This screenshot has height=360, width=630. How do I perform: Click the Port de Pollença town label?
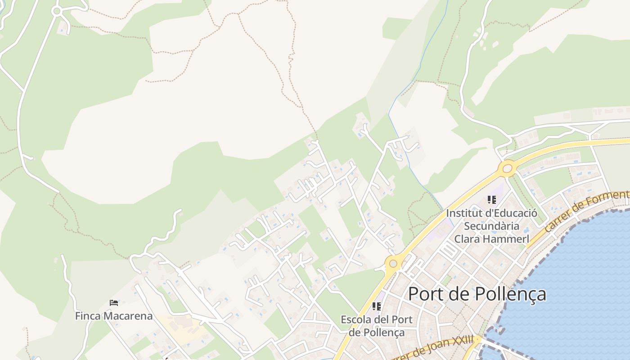[477, 294]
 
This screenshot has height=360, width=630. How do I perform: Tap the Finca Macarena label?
[113, 316]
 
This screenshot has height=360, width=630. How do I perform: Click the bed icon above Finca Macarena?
[114, 302]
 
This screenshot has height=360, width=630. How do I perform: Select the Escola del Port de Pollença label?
[377, 326]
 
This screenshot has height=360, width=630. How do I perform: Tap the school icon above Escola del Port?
[377, 306]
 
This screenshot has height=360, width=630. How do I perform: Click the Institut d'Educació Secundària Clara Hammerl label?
[491, 225]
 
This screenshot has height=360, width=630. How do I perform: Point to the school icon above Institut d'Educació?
[491, 199]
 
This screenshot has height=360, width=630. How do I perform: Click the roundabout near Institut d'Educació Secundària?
[508, 169]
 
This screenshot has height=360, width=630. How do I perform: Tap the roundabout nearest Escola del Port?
[393, 263]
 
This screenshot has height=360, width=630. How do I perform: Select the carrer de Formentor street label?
[587, 211]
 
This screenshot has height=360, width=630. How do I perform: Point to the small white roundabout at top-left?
[57, 11]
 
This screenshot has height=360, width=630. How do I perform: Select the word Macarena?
[128, 316]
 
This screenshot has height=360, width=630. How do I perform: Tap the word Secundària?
[491, 226]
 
